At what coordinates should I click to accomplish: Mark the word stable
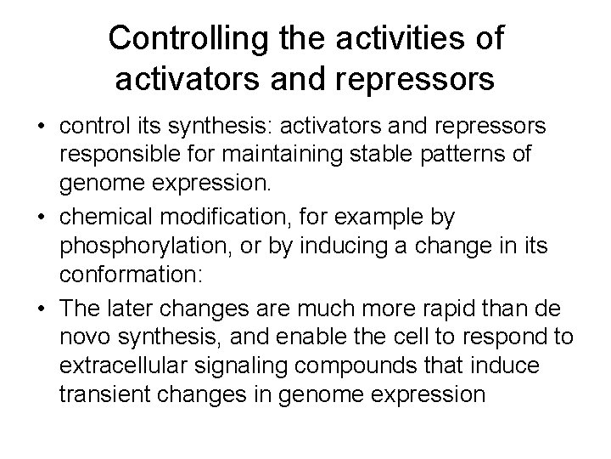[x=406, y=156]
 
